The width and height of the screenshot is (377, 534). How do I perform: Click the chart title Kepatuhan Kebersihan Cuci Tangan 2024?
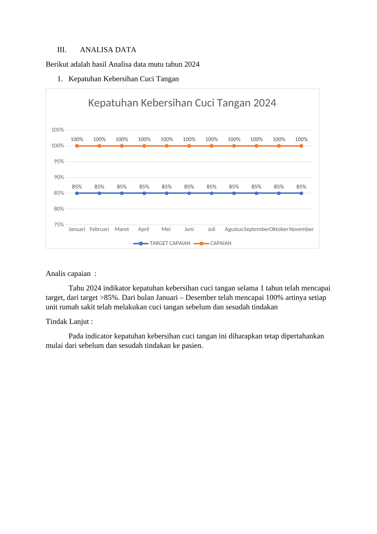(182, 103)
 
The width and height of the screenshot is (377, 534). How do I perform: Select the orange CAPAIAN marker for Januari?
(77, 146)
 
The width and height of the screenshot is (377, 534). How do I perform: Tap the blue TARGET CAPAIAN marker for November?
(301, 193)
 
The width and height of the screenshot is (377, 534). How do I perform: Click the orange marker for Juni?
(189, 146)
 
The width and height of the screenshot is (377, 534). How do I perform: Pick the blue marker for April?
(144, 193)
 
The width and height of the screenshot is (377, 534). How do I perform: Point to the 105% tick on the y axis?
(58, 130)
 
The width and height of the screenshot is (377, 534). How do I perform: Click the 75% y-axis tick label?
(58, 225)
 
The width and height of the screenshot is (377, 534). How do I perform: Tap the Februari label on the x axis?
(99, 229)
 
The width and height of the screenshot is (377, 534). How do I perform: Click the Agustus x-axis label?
(234, 229)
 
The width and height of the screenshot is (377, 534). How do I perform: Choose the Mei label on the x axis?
(166, 229)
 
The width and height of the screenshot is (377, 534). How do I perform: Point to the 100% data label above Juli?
(211, 139)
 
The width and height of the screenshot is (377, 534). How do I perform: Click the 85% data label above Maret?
(122, 187)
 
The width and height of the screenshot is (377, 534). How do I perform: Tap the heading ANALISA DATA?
(108, 50)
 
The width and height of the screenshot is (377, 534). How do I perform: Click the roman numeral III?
(62, 50)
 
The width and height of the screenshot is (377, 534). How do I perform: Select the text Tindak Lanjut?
(69, 321)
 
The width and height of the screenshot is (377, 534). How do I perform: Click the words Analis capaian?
(68, 274)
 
